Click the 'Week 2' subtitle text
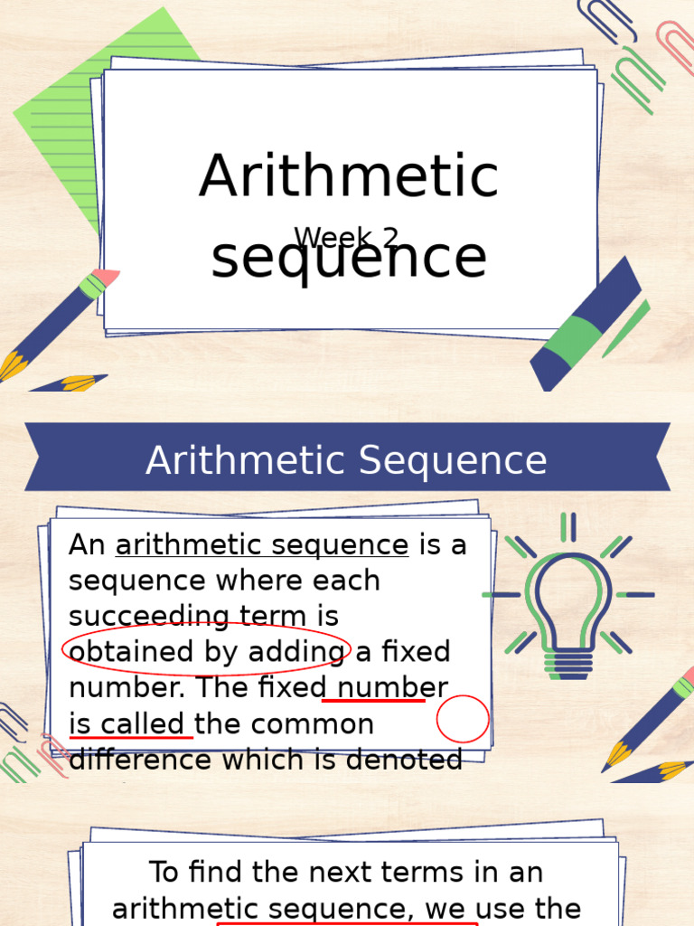(x=347, y=238)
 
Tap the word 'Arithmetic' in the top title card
(x=349, y=176)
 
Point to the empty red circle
(x=463, y=720)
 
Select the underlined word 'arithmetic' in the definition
(x=173, y=545)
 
